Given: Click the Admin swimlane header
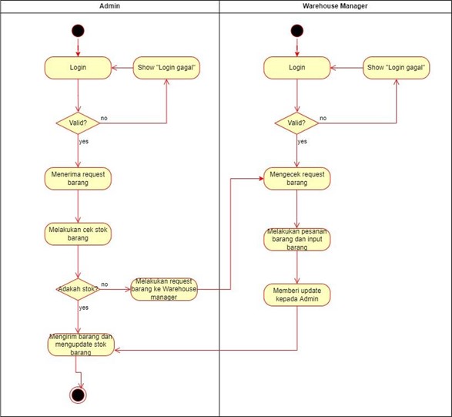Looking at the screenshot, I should click(x=110, y=6).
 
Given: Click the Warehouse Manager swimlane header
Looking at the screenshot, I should click(x=335, y=6).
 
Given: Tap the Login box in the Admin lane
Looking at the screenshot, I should click(x=78, y=68).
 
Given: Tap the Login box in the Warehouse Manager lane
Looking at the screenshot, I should click(x=296, y=68).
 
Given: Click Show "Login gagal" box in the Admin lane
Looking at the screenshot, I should click(x=167, y=68).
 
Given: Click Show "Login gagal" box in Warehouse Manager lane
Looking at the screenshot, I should click(x=396, y=68).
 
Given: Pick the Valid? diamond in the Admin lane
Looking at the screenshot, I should click(x=78, y=123).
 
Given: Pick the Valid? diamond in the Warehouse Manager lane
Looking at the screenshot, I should click(x=296, y=123).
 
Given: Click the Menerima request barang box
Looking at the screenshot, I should click(x=78, y=178).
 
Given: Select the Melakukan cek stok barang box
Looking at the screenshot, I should click(x=78, y=234).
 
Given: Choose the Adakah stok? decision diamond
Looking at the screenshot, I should click(x=78, y=289).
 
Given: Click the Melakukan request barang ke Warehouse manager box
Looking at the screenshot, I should click(x=164, y=289).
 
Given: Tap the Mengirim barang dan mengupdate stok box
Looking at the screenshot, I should click(x=80, y=345).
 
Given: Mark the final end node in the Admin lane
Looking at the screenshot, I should click(x=78, y=395).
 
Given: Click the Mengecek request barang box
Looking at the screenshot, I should click(x=296, y=178).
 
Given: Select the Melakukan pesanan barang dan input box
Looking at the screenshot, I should click(x=297, y=239).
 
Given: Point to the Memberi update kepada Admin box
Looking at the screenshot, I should click(x=296, y=294).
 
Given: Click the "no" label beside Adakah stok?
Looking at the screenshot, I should click(x=105, y=284).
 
